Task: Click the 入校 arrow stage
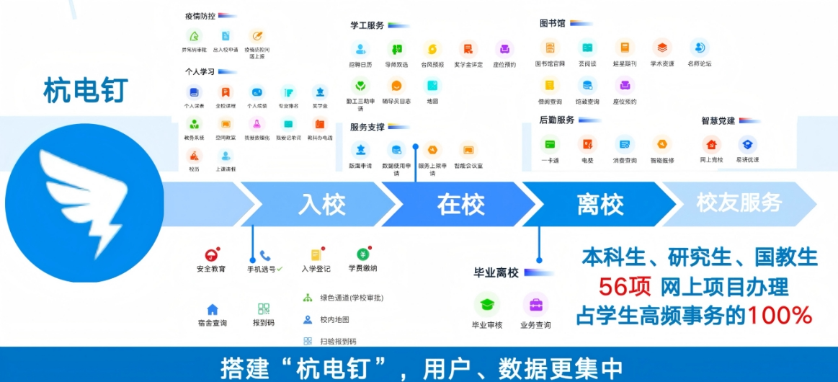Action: [x=321, y=205]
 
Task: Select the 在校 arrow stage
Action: [x=460, y=205]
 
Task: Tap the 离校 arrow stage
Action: [x=599, y=205]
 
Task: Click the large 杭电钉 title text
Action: [x=85, y=91]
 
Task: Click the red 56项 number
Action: [x=625, y=287]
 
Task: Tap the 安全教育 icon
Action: [x=211, y=255]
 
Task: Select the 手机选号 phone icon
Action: [x=265, y=255]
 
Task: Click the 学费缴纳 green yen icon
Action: [x=363, y=254]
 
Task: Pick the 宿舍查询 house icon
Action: [x=213, y=309]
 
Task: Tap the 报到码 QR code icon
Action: [x=264, y=309]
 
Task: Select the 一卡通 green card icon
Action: [x=551, y=143]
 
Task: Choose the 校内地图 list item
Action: [x=334, y=319]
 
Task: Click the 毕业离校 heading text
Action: [x=496, y=272]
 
